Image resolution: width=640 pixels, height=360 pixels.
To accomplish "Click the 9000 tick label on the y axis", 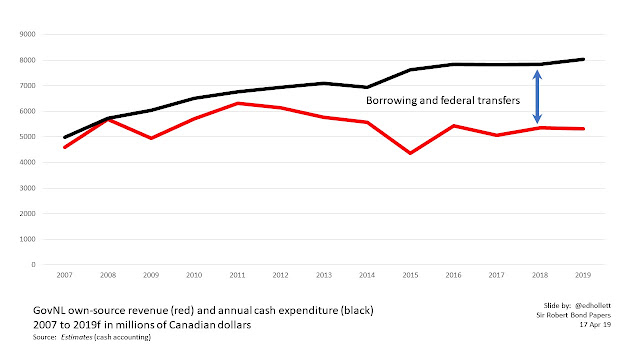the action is click(x=27, y=34).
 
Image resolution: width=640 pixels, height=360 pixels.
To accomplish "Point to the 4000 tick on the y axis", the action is click(x=27, y=162).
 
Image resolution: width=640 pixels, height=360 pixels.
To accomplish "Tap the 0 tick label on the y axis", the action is click(x=33, y=264).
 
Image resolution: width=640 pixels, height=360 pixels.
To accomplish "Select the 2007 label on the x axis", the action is click(x=64, y=275).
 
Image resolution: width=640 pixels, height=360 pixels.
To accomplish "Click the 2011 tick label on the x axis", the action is click(x=237, y=275).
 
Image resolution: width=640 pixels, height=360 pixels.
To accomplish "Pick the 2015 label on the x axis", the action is click(x=410, y=275).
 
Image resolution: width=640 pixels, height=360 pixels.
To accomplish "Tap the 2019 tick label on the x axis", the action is click(x=583, y=275).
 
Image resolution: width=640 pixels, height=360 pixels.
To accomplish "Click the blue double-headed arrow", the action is click(x=538, y=97).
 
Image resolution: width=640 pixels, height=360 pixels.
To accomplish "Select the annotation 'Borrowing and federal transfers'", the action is click(x=443, y=100).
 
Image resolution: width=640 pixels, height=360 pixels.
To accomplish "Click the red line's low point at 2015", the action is click(x=410, y=153).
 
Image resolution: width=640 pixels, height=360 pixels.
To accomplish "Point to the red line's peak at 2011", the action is click(x=238, y=103).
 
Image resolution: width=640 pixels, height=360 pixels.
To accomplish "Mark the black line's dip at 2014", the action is click(x=367, y=87).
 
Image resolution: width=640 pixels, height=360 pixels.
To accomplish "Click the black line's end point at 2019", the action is click(x=583, y=59).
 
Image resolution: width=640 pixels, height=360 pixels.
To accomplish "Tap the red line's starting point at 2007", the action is click(x=65, y=147).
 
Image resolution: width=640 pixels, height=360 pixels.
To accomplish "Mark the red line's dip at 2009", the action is click(x=151, y=138).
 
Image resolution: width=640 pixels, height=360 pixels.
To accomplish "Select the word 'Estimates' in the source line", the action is click(x=76, y=337).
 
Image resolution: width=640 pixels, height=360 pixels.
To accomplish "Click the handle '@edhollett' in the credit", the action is click(x=593, y=305).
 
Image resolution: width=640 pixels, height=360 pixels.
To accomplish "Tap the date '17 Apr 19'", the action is click(x=595, y=324).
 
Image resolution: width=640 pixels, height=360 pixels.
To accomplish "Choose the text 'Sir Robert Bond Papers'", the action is click(x=573, y=315).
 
